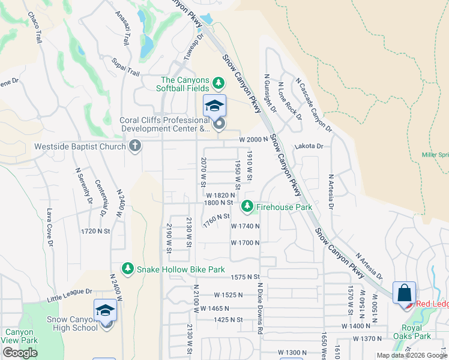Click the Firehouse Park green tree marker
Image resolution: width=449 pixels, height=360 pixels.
[246, 207]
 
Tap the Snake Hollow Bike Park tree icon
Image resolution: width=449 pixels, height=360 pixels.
[127, 269]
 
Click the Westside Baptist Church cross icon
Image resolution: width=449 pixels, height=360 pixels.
[135, 145]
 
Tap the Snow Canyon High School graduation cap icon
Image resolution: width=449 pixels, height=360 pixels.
[106, 311]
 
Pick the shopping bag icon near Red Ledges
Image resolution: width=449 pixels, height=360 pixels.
[405, 293]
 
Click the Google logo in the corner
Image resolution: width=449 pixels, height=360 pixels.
[20, 353]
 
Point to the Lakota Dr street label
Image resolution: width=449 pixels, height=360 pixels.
[309, 146]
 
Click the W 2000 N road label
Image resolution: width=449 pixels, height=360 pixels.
[252, 139]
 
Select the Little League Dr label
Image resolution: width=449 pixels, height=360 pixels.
[70, 295]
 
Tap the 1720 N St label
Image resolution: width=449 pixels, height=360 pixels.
[95, 230]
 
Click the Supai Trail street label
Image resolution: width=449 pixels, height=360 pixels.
[125, 67]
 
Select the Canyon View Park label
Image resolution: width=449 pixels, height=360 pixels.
[20, 337]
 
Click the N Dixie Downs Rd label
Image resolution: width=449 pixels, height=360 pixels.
[261, 308]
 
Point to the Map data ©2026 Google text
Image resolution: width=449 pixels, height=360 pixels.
[412, 355]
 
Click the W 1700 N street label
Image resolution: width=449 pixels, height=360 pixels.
[245, 242]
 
